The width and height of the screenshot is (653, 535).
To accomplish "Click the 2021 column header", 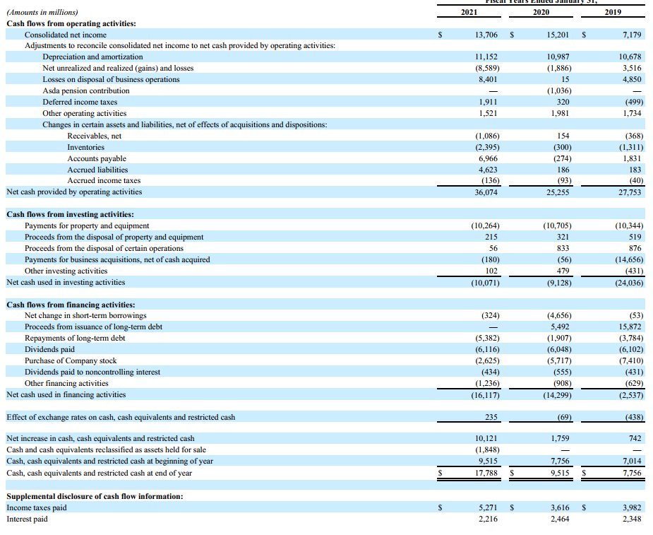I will [x=468, y=13].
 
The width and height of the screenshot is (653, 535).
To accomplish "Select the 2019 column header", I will [x=613, y=13].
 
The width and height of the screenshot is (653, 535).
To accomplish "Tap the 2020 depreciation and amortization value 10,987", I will [x=558, y=57].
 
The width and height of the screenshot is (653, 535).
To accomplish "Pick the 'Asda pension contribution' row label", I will [x=86, y=91].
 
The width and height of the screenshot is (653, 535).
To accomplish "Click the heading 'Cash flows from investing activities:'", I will [x=70, y=215].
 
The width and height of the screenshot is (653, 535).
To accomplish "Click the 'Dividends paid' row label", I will [x=49, y=350].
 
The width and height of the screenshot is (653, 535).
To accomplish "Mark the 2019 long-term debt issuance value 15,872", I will [x=629, y=327].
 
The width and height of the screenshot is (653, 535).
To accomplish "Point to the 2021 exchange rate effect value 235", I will [x=492, y=418].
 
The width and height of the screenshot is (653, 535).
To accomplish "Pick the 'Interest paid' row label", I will [x=27, y=519].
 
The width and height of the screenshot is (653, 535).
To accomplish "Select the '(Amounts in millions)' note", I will [x=42, y=13].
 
